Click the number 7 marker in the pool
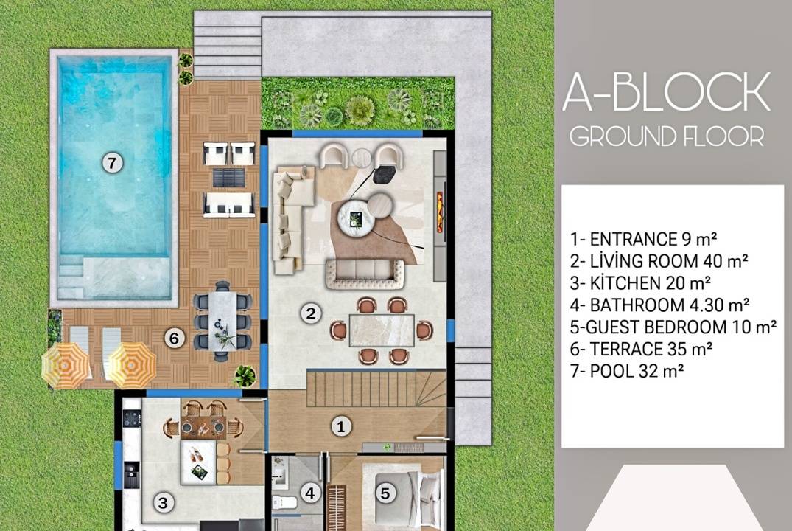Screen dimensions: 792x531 [x=112, y=163]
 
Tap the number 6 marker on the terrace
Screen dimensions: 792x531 [x=175, y=338]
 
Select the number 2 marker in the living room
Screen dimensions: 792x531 [x=311, y=313]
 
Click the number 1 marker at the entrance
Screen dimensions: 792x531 [x=341, y=426]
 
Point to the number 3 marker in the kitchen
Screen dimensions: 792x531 [x=163, y=503]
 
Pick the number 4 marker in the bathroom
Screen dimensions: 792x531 [x=310, y=493]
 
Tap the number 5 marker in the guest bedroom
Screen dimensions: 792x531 [x=385, y=493]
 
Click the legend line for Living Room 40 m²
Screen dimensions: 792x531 [x=659, y=261]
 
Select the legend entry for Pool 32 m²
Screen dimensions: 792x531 [x=627, y=371]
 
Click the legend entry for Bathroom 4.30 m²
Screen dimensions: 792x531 [x=659, y=305]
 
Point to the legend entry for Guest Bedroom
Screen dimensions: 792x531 [x=673, y=327]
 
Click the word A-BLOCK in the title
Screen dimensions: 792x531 [x=666, y=91]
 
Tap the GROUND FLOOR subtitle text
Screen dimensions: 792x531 [x=667, y=136]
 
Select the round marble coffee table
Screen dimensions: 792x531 [x=356, y=218]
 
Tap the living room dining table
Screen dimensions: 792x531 [x=382, y=330]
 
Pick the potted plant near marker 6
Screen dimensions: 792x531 [x=245, y=375]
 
